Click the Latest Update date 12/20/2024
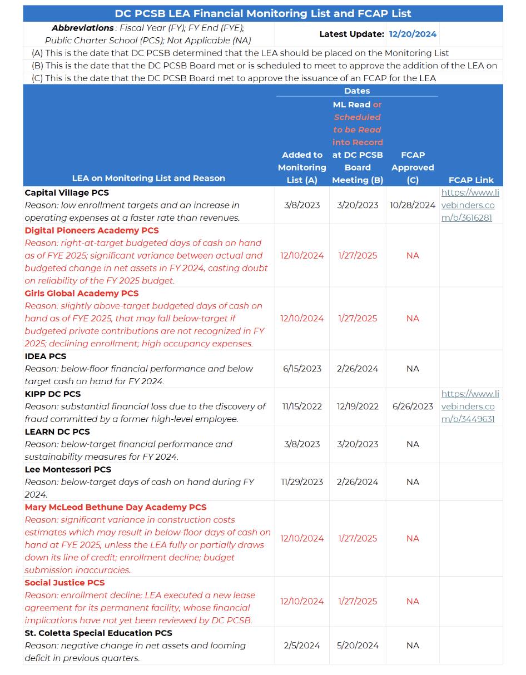tap(413, 34)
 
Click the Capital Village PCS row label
tap(67, 192)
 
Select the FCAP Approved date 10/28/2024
tap(413, 205)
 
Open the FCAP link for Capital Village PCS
tap(470, 205)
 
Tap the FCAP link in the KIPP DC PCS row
tap(470, 406)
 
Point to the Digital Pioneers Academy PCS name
tap(92, 230)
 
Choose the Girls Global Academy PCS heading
tap(82, 293)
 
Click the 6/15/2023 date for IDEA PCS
tap(302, 369)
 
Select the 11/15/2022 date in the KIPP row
tap(302, 406)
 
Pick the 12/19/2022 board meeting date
tap(357, 406)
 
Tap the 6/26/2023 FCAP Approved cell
tap(413, 406)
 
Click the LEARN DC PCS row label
tap(57, 431)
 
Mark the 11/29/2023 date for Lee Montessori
tap(302, 482)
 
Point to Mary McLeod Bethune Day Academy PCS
tap(116, 507)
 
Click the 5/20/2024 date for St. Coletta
tap(357, 646)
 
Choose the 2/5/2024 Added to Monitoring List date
tap(302, 646)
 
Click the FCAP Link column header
tap(471, 180)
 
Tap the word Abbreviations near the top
tap(83, 28)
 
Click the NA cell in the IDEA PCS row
tap(413, 369)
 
